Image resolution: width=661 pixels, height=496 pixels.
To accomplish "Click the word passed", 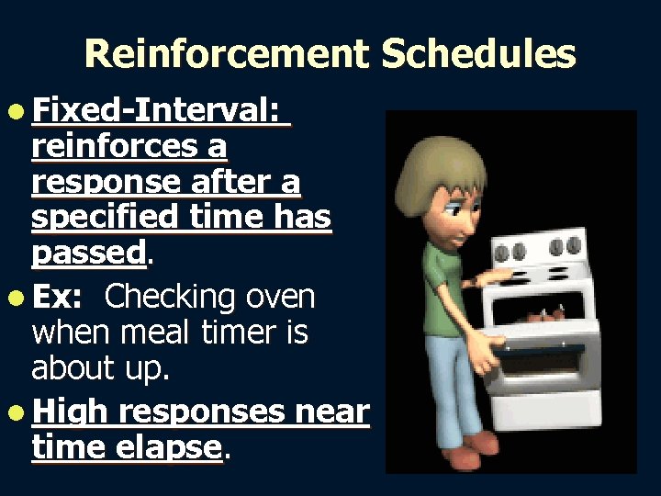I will tap(88, 252).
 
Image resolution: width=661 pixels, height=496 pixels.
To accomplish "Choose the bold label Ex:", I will tap(57, 297).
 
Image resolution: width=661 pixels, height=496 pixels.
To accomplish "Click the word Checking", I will tap(170, 297).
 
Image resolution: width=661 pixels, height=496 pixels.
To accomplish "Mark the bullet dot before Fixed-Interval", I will tap(19, 112).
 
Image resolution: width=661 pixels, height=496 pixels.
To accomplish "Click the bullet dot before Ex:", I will tap(19, 298).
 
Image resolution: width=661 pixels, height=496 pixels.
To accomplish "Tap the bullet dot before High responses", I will tap(19, 414).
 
